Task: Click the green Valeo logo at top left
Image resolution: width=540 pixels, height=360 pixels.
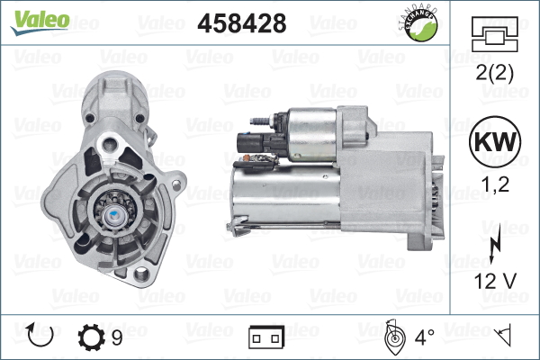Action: (40, 22)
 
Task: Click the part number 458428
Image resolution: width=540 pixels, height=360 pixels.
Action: (242, 23)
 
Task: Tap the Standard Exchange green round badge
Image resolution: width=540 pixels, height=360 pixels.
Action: (419, 24)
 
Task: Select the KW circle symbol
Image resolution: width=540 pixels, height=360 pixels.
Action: (495, 141)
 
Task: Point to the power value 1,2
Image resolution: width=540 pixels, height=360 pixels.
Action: (495, 184)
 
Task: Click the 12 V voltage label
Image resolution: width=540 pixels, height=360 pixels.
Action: (495, 281)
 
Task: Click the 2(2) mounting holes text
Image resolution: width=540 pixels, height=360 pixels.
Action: (494, 73)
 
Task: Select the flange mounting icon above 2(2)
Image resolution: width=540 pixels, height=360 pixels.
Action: (494, 34)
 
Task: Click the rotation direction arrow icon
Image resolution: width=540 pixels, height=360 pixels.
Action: (40, 336)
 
